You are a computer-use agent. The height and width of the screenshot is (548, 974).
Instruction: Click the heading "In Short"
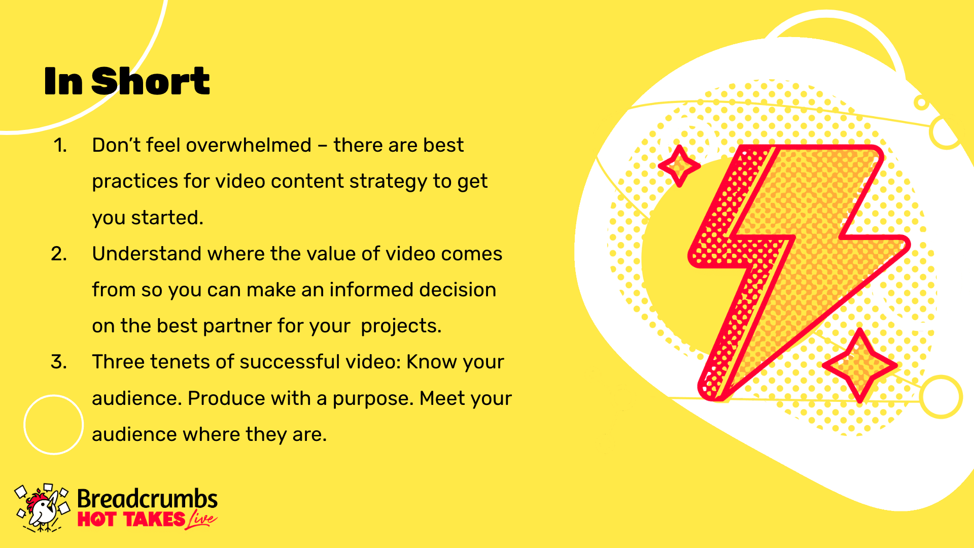click(x=127, y=81)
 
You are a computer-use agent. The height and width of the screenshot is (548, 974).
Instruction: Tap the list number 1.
click(x=60, y=146)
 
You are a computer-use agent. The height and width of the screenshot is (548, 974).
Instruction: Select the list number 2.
click(x=59, y=254)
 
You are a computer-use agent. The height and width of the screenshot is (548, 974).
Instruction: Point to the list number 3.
click(x=59, y=362)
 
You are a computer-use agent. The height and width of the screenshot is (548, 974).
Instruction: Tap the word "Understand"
click(x=147, y=253)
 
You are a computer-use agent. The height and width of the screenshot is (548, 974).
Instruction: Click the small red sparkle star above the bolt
click(x=679, y=165)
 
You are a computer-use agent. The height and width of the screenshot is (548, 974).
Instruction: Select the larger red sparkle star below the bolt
click(x=860, y=365)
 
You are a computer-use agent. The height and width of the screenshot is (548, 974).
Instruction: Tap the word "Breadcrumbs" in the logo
click(x=147, y=499)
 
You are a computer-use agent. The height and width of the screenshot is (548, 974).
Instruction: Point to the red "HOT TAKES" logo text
click(x=131, y=520)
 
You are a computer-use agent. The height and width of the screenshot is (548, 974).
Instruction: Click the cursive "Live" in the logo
click(x=201, y=520)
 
